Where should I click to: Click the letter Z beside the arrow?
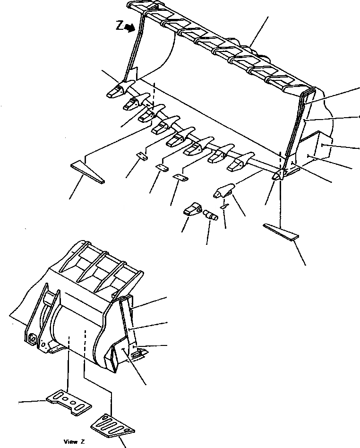pyautogui.click(x=120, y=27)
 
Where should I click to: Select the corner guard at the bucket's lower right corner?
pyautogui.click(x=279, y=175)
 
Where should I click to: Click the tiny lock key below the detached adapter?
pyautogui.click(x=225, y=206)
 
